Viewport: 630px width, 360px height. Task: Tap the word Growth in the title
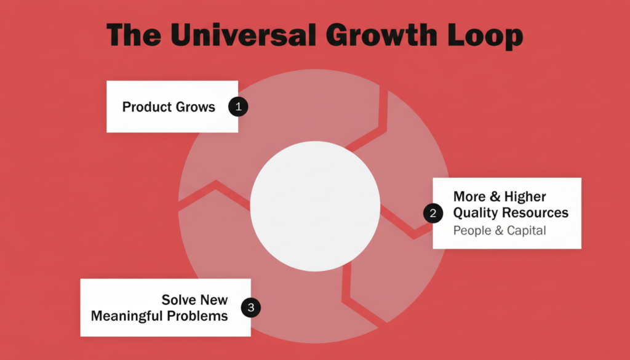381,34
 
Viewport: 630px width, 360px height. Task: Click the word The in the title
134,34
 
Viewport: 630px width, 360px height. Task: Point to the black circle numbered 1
238,106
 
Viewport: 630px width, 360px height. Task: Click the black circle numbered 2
433,213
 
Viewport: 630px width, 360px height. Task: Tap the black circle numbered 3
251,307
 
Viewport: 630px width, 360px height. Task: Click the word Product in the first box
147,107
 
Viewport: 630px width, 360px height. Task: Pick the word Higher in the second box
525,197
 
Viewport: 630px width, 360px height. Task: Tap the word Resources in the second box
535,212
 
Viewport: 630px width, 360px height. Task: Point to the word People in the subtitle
472,231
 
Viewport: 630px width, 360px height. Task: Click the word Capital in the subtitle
527,231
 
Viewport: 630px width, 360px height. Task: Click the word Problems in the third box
197,316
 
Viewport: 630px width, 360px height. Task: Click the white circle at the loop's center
315,206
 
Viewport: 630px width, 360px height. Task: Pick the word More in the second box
469,197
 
